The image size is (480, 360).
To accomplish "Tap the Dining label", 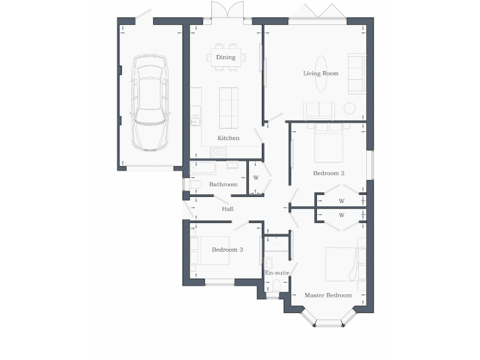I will tap(226, 57).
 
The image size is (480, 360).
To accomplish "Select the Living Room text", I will tap(321, 74).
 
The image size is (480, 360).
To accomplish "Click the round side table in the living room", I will tap(349, 108).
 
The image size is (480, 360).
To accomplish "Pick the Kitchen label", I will tap(228, 138).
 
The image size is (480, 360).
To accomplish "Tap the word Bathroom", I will tap(223, 184).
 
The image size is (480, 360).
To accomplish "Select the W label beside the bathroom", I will tap(256, 178).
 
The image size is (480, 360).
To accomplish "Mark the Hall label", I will tap(227, 209).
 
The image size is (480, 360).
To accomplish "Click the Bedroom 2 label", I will tap(329, 173).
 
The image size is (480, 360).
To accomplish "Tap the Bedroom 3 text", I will tap(227, 249).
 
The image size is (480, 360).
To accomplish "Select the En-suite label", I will tap(276, 273).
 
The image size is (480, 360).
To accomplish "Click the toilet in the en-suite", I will tap(276, 286).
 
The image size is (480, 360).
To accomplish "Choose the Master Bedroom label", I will tap(328, 295).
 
